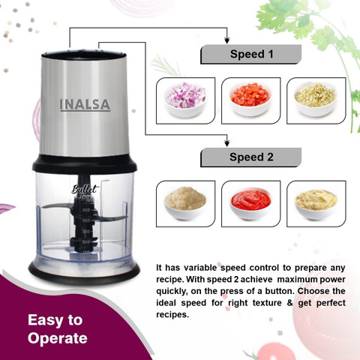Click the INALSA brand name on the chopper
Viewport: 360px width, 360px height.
coord(84,104)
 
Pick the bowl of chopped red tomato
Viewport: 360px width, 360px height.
coord(250,97)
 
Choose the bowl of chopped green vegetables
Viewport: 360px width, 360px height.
coord(314,97)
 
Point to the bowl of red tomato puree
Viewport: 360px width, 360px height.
coord(250,201)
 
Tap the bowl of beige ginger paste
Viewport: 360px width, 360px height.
coord(316,201)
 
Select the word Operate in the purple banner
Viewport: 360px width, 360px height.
coord(57,338)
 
